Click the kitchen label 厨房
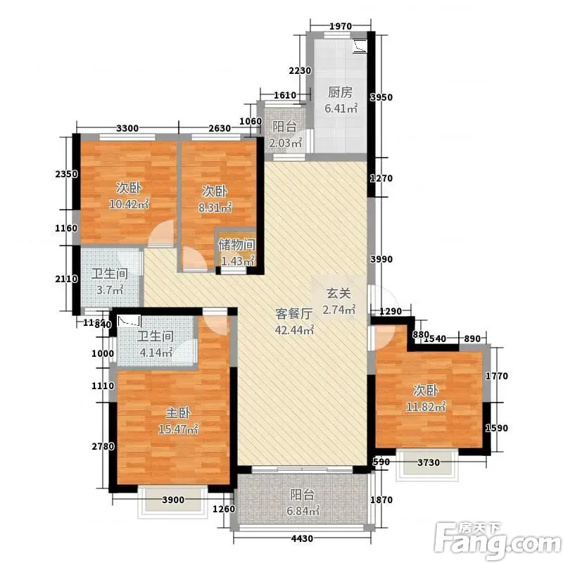tap(340, 92)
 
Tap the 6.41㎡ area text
tap(341, 108)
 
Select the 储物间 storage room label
tap(237, 245)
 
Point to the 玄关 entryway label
tap(339, 293)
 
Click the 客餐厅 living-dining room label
tap(294, 313)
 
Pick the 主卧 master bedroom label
tap(178, 413)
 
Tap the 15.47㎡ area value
tap(178, 429)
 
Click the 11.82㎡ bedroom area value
tap(426, 407)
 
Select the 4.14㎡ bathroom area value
tap(156, 353)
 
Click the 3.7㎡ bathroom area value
tap(110, 289)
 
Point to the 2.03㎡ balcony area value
tap(286, 143)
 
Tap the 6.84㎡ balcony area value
tap(303, 510)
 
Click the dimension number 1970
tap(341, 26)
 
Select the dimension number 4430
tap(303, 538)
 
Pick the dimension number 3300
tap(127, 128)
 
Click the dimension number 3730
tap(429, 462)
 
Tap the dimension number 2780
tap(103, 446)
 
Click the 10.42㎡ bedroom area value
tap(129, 204)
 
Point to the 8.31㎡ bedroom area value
tap(215, 207)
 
